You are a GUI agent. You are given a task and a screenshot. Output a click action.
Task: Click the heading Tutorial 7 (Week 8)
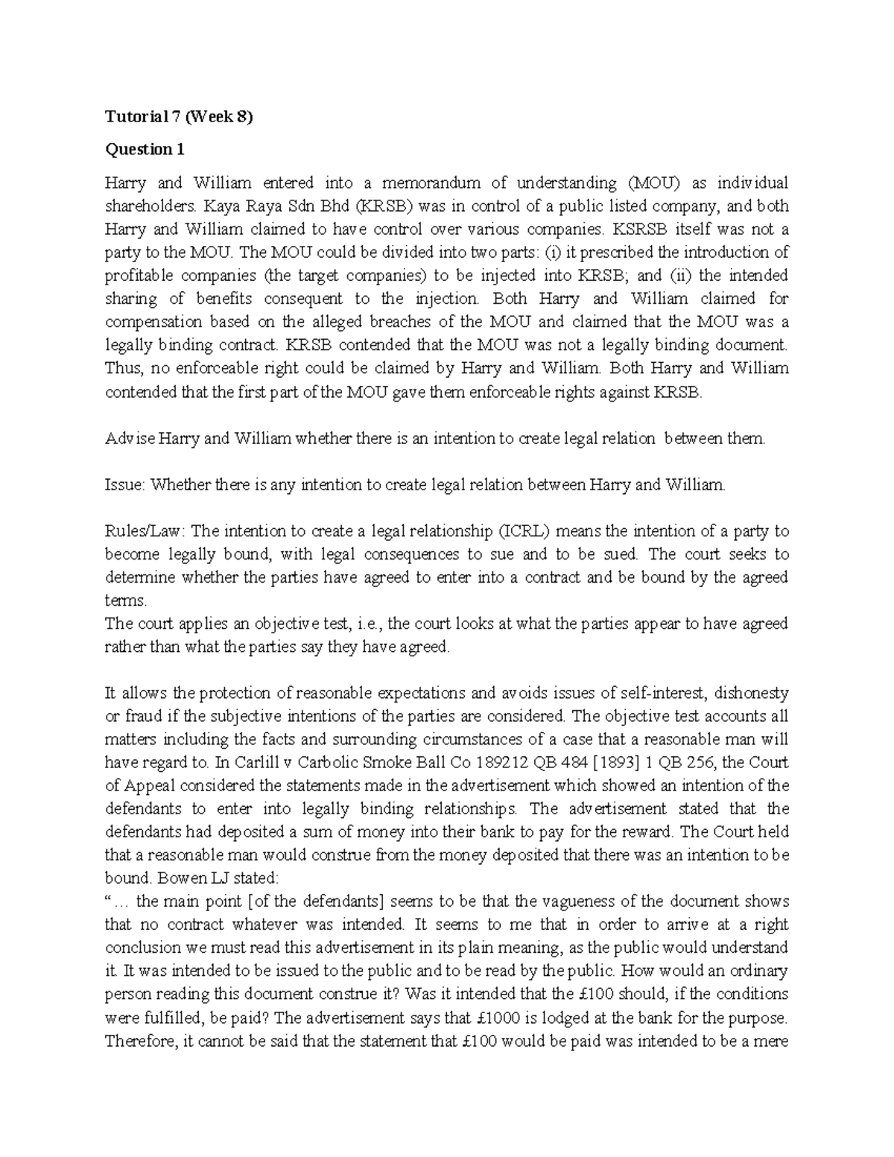tap(180, 116)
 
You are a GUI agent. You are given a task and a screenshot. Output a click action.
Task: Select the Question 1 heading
tap(145, 150)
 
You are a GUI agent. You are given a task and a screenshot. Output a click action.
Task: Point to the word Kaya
tap(210, 206)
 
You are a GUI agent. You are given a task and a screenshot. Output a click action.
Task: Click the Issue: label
tap(124, 485)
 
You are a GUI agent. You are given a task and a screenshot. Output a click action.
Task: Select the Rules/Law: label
tap(146, 531)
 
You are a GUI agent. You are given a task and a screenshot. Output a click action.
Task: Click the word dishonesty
tap(751, 693)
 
